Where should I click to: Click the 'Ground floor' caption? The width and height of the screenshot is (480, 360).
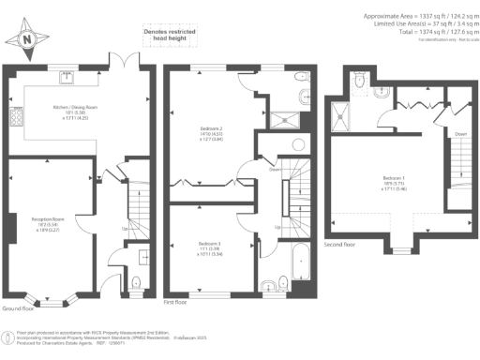pyautogui.click(x=19, y=307)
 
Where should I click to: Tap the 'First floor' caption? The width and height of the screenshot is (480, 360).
pyautogui.click(x=175, y=302)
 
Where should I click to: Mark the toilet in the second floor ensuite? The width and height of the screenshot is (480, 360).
pyautogui.click(x=361, y=81)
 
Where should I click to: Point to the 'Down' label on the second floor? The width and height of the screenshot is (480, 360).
pyautogui.click(x=459, y=133)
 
